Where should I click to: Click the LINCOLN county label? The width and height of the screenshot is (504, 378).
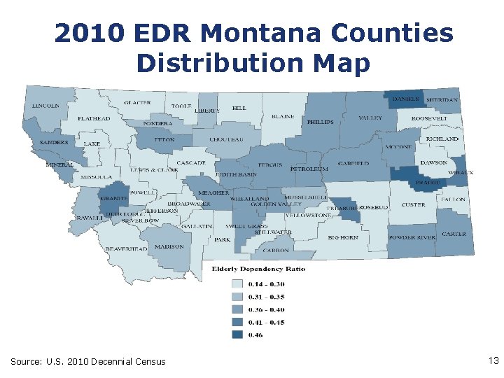(45, 106)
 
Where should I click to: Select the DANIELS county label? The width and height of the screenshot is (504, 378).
(406, 99)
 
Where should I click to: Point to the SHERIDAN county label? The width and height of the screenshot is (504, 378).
(442, 100)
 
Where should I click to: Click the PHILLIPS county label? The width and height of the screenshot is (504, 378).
(320, 122)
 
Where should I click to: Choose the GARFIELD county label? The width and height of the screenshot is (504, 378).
(353, 164)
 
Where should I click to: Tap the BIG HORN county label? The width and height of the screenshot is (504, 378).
(343, 237)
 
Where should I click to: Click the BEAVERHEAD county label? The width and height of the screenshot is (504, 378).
(127, 248)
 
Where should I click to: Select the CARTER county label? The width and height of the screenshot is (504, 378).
(454, 234)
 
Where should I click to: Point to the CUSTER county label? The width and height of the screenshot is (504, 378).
(413, 205)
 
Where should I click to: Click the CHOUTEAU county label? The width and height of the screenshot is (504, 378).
(227, 139)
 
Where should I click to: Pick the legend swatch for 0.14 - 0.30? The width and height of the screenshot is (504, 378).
(237, 284)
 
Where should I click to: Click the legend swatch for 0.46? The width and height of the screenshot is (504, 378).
(237, 335)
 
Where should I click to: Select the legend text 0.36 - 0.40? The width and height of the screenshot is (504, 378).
(266, 309)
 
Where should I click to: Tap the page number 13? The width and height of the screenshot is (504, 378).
(493, 360)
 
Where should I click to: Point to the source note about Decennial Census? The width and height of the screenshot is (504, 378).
(88, 361)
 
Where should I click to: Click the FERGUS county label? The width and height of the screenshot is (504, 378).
(269, 165)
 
